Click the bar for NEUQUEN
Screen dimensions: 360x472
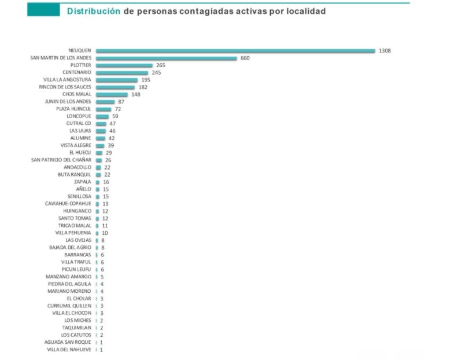[x=235, y=51]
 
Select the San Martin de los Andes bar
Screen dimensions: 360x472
[x=167, y=58]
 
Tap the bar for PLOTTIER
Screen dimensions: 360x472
[x=124, y=65]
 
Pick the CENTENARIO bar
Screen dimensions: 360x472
[x=122, y=73]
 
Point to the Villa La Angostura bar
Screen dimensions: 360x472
[x=117, y=80]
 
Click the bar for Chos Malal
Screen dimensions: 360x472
[x=112, y=94]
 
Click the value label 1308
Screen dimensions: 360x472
[x=385, y=51]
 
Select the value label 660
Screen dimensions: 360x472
[x=245, y=58]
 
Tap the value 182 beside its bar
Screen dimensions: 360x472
[x=143, y=87]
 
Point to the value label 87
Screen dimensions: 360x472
[x=121, y=102]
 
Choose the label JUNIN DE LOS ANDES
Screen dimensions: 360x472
[x=68, y=102]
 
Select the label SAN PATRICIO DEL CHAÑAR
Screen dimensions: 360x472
[x=61, y=160]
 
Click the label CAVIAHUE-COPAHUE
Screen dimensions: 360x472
[x=68, y=204]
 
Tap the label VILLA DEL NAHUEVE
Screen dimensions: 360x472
[x=69, y=350]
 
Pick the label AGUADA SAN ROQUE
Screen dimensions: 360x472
[x=68, y=342]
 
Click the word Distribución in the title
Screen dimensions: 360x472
[x=93, y=11]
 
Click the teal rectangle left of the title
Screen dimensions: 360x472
[x=43, y=10]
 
